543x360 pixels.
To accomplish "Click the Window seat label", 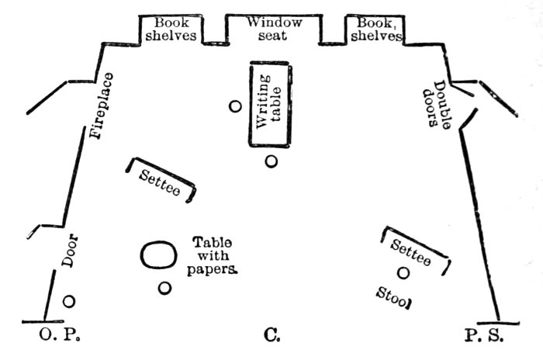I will point(275,29).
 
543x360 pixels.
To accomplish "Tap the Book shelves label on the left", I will point(170,29).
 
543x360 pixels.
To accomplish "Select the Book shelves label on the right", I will point(375,29).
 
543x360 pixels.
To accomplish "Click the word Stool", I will point(394,296).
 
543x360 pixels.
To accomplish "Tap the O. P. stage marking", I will point(61,336).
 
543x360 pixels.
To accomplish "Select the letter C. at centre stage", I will point(271,336).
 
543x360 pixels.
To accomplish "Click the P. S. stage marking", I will point(485,336).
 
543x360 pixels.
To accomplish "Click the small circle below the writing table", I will point(271,161).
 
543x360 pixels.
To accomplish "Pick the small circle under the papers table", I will point(164,288).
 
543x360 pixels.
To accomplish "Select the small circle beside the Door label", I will point(69,301).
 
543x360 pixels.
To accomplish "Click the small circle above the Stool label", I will point(403,272).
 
